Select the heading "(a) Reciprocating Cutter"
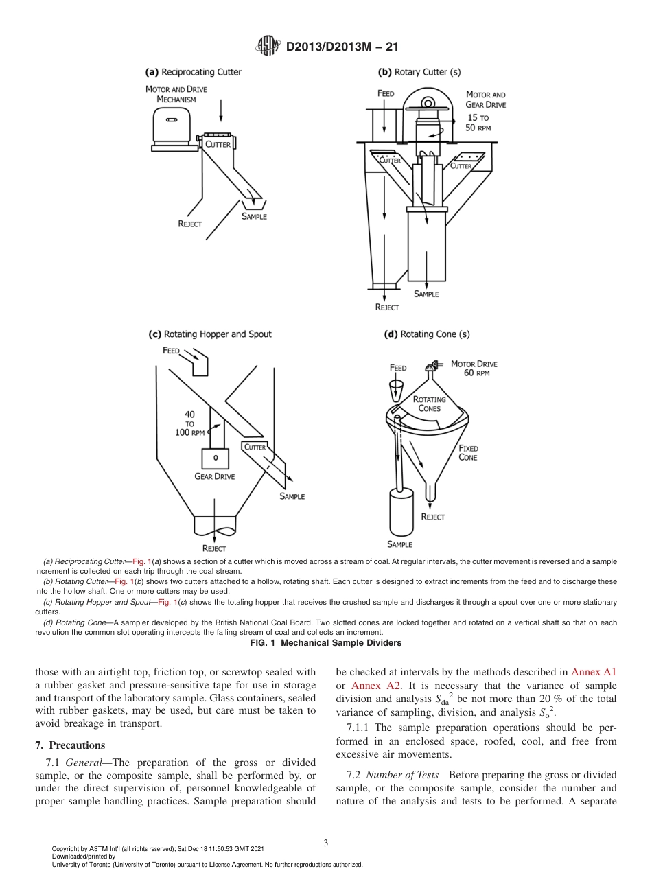194,71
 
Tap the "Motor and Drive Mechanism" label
176,94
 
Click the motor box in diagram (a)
172,128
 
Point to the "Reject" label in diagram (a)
190,224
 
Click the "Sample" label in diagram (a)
254,216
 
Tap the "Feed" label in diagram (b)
386,93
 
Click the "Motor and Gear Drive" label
485,100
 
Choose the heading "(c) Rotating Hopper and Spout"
210,334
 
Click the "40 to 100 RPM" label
190,423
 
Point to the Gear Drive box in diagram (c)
216,458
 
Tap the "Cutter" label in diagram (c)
255,447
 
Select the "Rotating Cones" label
429,404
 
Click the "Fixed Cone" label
468,453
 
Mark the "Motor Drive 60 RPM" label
474,369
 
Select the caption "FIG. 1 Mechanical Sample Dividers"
326,643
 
